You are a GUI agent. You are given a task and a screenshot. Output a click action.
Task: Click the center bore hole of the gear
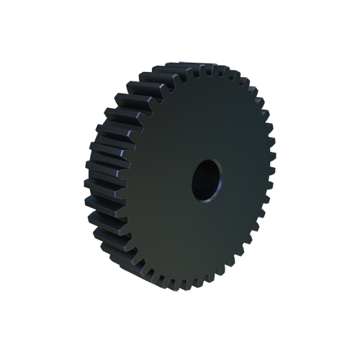pyautogui.click(x=207, y=180)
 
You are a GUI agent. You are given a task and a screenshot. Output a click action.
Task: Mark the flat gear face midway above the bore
pyautogui.click(x=205, y=119)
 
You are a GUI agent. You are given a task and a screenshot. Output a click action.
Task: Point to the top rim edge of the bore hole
pyautogui.click(x=208, y=160)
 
